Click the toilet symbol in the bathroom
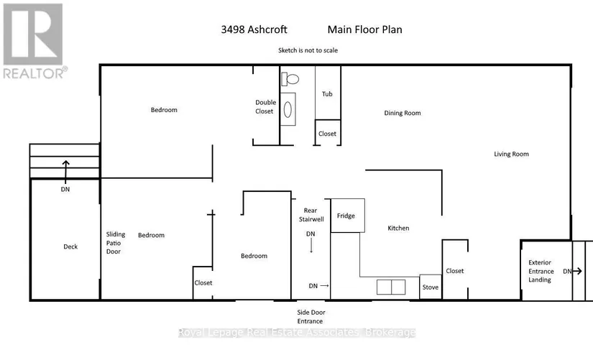[x=290, y=79]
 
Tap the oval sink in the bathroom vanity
[x=288, y=110]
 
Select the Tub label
[x=327, y=94]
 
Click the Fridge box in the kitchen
[x=348, y=216]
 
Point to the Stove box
[x=431, y=287]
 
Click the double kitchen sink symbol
[x=391, y=287]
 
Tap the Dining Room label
[x=403, y=113]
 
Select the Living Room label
[x=511, y=154]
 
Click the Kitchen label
[x=398, y=228]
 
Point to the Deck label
[x=70, y=246]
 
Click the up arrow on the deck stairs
[x=66, y=172]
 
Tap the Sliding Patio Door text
[x=115, y=243]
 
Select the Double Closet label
[x=265, y=106]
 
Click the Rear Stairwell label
[x=311, y=215]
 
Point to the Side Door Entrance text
[x=311, y=316]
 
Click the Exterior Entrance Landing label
[x=541, y=271]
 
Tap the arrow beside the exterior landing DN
[x=577, y=271]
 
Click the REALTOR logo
[x=35, y=41]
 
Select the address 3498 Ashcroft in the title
[x=254, y=29]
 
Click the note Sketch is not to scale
[x=308, y=50]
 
